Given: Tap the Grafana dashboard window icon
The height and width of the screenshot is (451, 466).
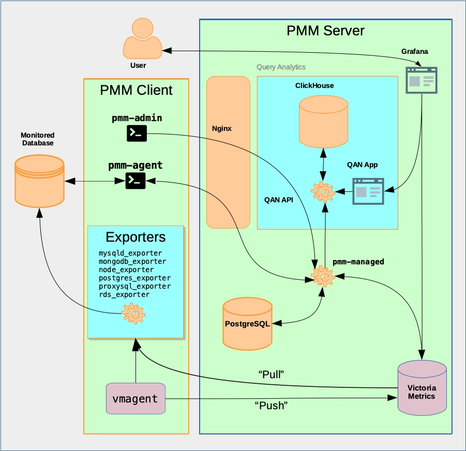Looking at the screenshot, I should [x=421, y=80].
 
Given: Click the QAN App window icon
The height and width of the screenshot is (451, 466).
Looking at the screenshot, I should [x=368, y=191].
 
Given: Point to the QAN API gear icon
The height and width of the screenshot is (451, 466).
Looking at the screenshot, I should [x=323, y=192].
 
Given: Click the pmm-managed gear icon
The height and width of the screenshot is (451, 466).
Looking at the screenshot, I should [x=323, y=278].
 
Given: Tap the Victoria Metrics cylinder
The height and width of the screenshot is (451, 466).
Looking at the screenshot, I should [x=422, y=387].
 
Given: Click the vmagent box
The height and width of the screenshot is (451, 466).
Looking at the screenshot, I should [x=136, y=399].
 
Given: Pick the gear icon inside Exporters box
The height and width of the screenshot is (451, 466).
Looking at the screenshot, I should [x=133, y=313].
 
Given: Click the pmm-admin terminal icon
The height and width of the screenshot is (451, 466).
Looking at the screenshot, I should [x=137, y=133].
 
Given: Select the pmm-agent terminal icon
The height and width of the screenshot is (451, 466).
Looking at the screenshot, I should [x=136, y=180].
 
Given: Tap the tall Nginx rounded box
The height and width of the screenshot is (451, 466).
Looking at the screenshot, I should [x=228, y=152].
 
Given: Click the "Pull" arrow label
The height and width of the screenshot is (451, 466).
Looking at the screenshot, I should [x=272, y=373].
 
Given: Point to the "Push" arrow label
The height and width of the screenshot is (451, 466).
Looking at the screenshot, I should [x=271, y=405].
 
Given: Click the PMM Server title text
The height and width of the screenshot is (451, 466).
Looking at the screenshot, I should [x=325, y=31].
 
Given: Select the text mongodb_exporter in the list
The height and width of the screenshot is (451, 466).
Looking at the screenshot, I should [x=132, y=261].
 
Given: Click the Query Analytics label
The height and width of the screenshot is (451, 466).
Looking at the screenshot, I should [x=281, y=67].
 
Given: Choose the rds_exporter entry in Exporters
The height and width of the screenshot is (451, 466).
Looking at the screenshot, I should [x=124, y=294].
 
